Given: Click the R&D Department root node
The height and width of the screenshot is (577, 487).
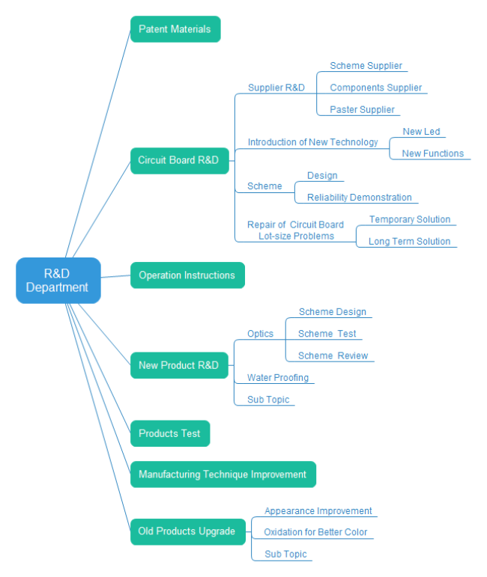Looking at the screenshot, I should [x=58, y=281].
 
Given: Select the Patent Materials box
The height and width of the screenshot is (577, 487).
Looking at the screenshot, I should [x=175, y=29].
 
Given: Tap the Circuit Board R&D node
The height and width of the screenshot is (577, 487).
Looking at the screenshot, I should [x=178, y=160].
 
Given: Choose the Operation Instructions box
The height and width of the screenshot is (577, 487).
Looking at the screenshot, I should [x=187, y=275].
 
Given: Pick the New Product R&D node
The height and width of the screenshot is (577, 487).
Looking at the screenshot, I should [x=178, y=365].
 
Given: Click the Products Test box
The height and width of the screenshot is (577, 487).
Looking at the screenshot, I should [x=169, y=433].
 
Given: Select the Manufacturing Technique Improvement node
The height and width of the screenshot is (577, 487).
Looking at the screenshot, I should [x=223, y=474].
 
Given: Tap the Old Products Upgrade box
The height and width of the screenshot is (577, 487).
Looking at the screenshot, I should [x=187, y=531].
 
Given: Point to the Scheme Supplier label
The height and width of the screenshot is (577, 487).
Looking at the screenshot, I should [x=366, y=66].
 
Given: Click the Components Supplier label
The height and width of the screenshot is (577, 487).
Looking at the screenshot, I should [x=375, y=88].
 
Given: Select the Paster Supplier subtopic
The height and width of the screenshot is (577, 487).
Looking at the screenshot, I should [x=362, y=109].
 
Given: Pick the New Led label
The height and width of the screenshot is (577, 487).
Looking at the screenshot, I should [x=421, y=132].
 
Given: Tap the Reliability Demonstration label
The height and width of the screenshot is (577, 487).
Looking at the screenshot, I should [x=359, y=198].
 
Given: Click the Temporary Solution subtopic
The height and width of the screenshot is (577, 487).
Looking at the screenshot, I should [x=409, y=219].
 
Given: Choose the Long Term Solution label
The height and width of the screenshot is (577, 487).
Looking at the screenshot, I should [x=409, y=241].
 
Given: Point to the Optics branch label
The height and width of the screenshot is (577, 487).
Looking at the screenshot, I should [x=260, y=334].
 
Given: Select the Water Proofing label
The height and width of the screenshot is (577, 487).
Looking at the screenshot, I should [x=277, y=378].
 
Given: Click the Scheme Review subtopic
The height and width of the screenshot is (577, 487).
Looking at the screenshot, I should [x=333, y=355].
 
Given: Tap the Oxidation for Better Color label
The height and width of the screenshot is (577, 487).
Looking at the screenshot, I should [x=315, y=532].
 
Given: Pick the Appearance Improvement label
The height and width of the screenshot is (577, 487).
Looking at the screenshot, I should [x=318, y=510].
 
